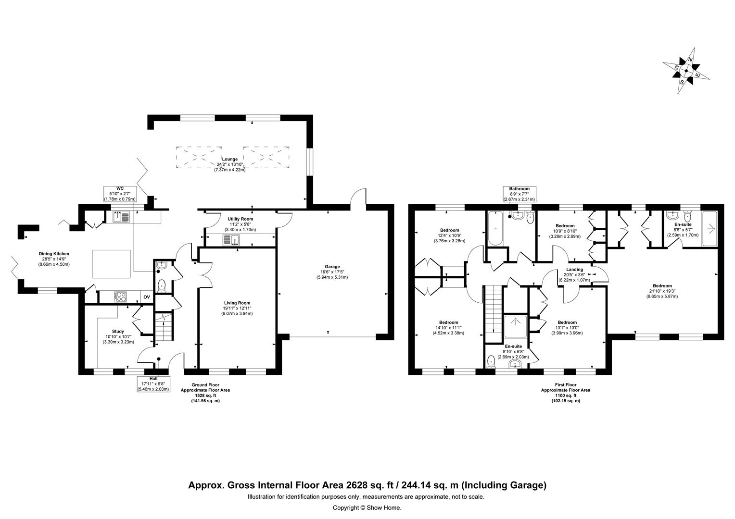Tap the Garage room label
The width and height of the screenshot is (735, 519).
point(332,272)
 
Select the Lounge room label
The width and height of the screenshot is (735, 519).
point(229,164)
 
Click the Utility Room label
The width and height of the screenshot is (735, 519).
point(240,224)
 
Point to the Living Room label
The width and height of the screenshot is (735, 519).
point(236,308)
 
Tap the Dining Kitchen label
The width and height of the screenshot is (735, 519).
point(54,259)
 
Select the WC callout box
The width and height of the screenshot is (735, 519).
point(120,194)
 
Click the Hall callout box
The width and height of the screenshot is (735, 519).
point(153,384)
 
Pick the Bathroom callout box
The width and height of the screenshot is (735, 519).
point(519,194)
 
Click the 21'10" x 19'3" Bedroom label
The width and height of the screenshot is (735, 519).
point(662,291)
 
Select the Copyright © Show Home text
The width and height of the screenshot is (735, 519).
point(367,507)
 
